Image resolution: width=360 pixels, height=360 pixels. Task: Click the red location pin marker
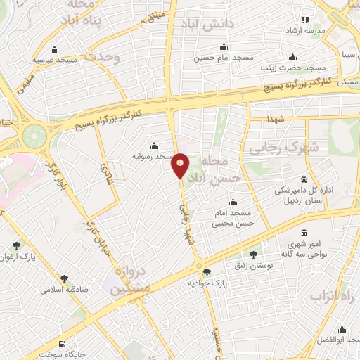click(181, 165)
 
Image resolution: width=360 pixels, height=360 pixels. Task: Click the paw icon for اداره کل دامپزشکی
click(304, 179)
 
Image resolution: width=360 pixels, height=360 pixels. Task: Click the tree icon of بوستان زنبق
click(253, 254)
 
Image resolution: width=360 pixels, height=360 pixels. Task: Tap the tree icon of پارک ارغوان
click(15, 245)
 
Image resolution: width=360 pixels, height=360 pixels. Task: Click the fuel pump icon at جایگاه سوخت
click(65, 345)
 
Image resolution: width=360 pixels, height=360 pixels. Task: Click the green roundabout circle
click(33, 134)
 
